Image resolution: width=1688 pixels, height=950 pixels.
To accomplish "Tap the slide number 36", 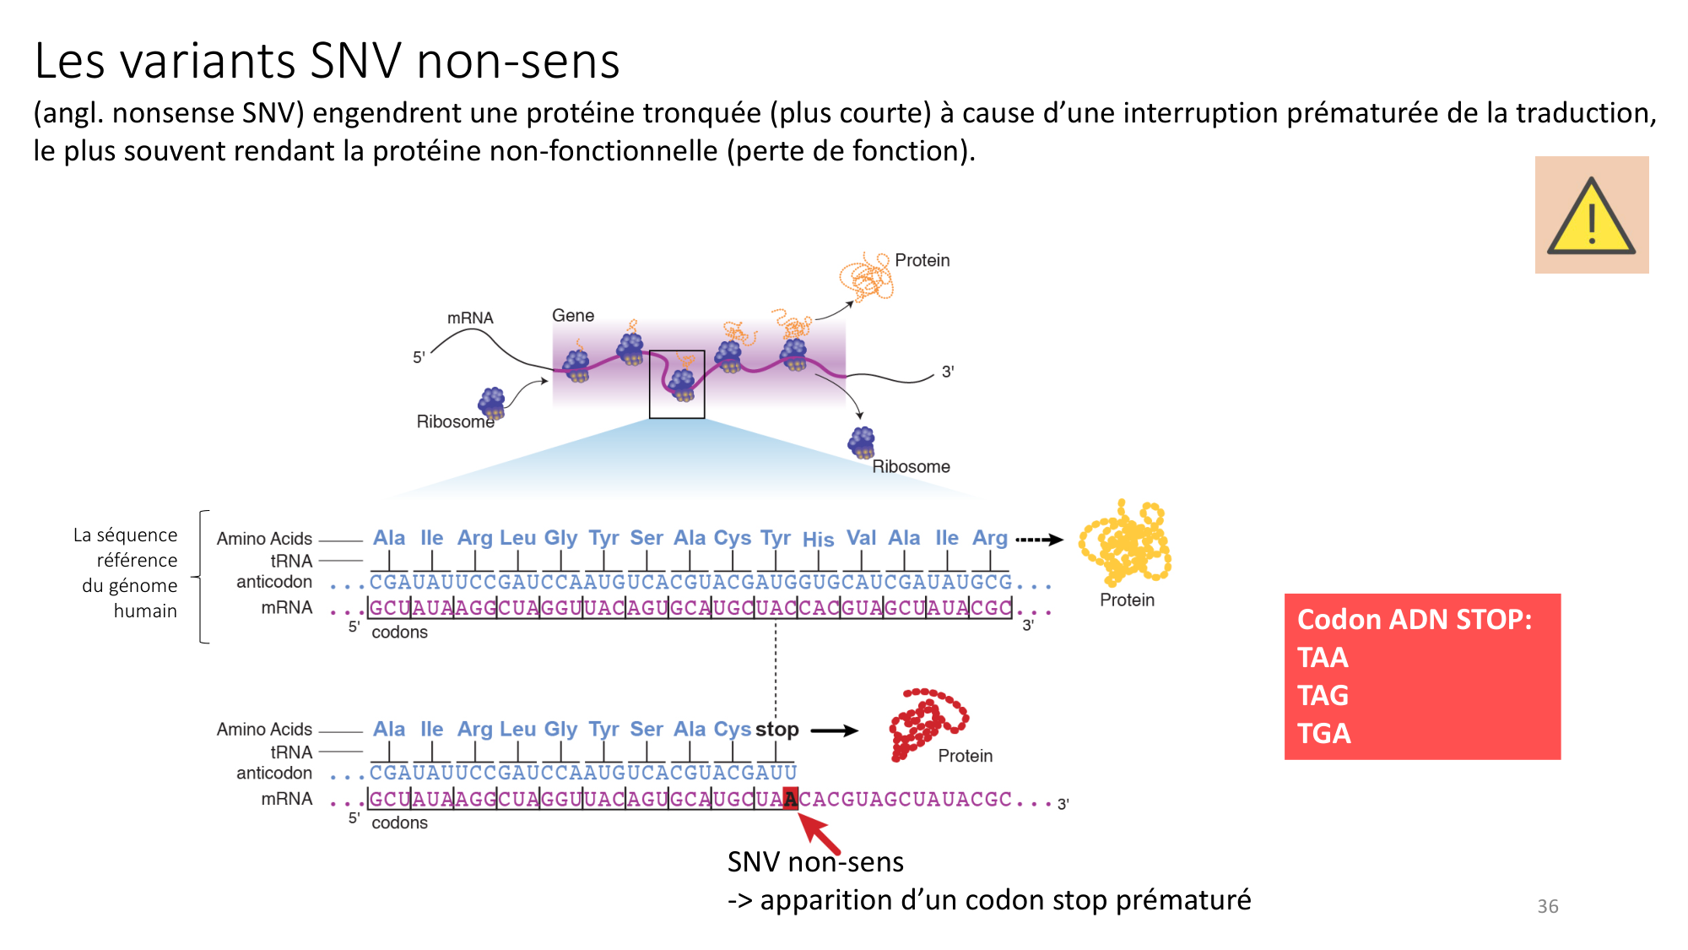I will (x=1547, y=906).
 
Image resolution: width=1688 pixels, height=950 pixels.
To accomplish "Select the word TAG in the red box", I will (x=1323, y=695).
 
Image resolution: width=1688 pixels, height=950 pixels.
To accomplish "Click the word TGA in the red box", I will (x=1323, y=733).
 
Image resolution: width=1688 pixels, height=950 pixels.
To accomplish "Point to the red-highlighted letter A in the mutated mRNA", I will (x=790, y=798).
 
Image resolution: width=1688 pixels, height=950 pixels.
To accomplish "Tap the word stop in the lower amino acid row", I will (x=776, y=729).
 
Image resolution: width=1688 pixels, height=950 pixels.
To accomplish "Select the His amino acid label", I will (x=818, y=540).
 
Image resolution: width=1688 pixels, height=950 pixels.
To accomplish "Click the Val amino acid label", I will (x=861, y=538).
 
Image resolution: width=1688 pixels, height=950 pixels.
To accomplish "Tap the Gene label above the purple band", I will (x=573, y=315).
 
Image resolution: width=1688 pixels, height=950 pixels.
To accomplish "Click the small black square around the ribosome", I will (x=677, y=384).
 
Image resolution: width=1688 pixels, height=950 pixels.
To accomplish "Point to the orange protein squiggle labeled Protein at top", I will (x=865, y=277).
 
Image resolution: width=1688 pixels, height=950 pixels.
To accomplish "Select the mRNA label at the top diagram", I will (x=470, y=318).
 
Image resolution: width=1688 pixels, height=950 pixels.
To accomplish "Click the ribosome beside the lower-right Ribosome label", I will (x=862, y=442).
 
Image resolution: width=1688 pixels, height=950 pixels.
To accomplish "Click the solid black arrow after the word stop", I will (x=834, y=730).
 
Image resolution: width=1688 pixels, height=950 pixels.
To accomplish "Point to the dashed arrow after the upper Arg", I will (x=1039, y=540).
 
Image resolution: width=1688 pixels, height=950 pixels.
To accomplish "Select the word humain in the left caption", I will (x=145, y=611).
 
